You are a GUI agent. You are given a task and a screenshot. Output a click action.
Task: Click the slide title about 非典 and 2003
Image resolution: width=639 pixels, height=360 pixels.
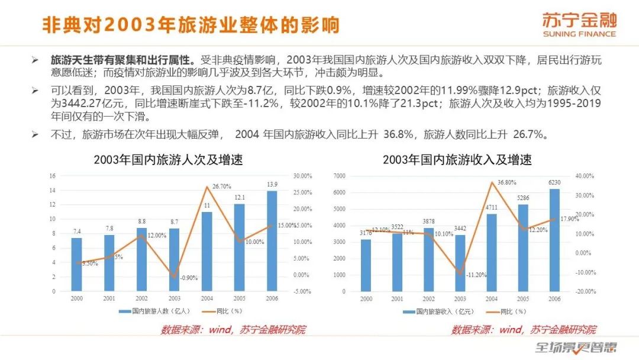coord(191,25)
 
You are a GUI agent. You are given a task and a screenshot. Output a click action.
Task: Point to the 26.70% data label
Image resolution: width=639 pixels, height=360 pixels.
coord(221,187)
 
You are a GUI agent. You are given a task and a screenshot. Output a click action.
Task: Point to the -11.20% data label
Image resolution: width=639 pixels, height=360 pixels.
coord(476,275)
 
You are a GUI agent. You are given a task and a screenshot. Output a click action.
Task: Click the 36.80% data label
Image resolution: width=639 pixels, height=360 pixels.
coord(507,182)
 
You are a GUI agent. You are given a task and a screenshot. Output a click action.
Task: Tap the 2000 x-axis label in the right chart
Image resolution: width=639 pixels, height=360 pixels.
coord(366,299)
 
